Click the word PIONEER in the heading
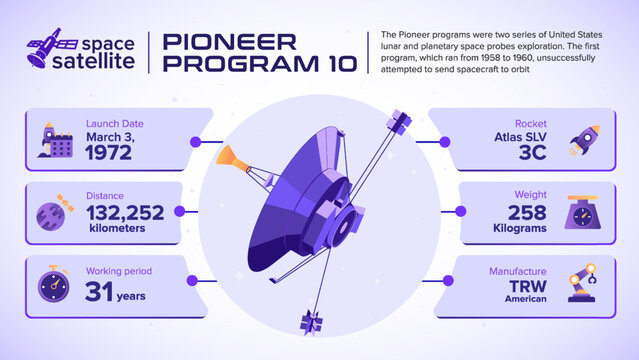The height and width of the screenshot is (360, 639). pyautogui.click(x=229, y=42)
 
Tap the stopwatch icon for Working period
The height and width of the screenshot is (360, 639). pyautogui.click(x=53, y=283)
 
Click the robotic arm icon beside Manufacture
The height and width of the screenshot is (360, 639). pyautogui.click(x=584, y=283)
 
